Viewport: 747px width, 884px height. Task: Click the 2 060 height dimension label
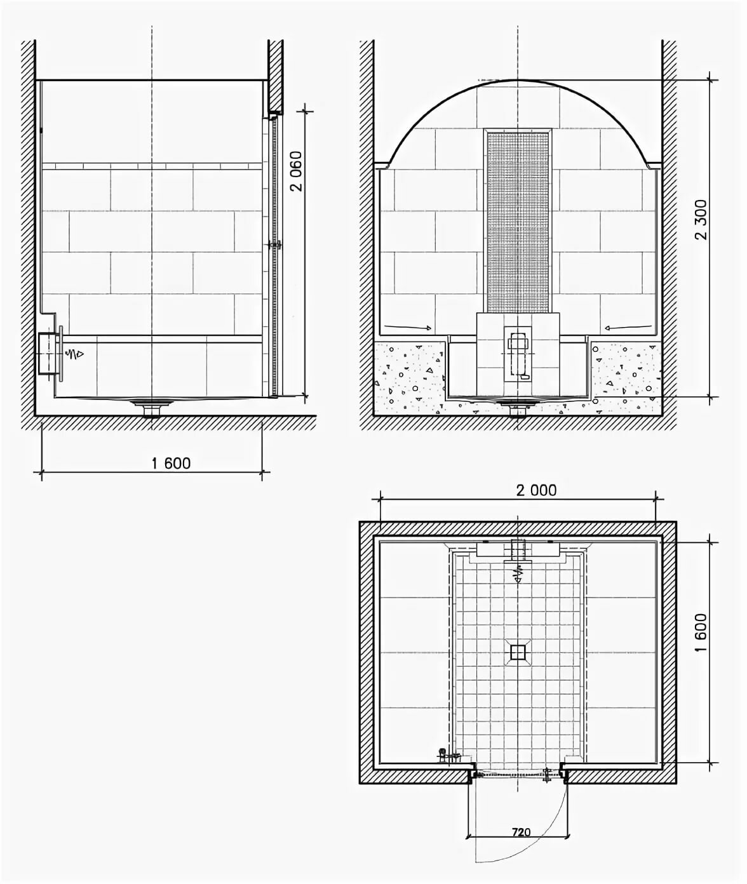pos(297,171)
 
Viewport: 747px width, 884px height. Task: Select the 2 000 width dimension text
pos(536,490)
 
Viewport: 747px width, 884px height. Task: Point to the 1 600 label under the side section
pos(171,463)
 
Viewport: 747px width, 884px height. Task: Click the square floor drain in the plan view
pos(518,652)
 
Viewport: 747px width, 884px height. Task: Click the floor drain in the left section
pos(152,406)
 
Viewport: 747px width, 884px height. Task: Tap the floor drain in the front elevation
pos(518,406)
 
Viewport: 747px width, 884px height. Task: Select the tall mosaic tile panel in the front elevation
pos(518,222)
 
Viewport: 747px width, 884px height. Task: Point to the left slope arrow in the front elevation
pos(408,326)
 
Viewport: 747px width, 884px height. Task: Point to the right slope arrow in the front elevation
pos(628,326)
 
